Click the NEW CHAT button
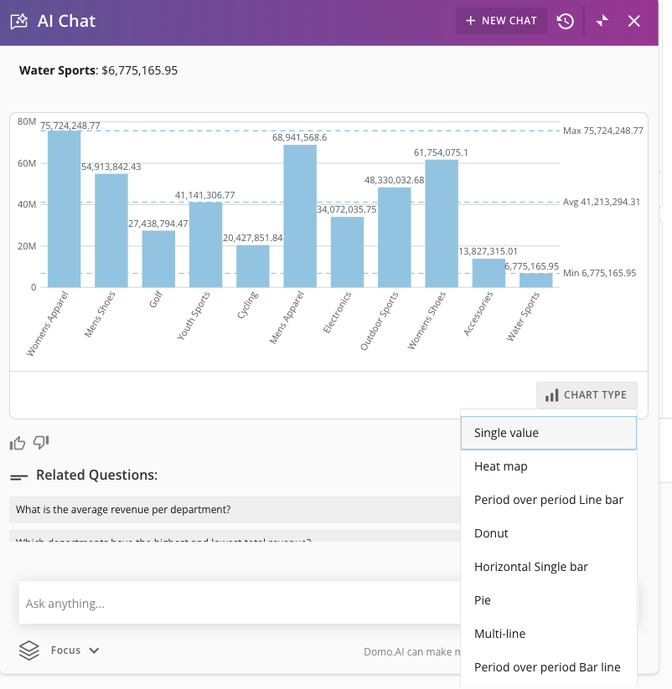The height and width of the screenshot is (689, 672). point(501,21)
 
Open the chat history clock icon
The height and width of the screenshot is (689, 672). point(566,21)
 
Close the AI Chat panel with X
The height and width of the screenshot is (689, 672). point(634,21)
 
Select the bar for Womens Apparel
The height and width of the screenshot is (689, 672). point(65,209)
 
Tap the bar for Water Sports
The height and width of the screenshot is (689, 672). point(536,280)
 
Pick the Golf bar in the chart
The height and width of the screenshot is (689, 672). point(158,259)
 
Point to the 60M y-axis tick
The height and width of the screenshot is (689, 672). point(28,163)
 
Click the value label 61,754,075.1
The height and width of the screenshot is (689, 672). point(452,152)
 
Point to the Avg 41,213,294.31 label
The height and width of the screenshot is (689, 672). point(602,202)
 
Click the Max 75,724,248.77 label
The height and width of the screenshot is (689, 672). point(602,131)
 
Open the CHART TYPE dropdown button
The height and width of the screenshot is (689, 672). point(587,395)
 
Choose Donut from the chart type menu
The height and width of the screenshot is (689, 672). point(491,533)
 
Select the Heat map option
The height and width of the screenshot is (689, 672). point(500,466)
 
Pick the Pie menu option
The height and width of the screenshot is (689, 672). point(483,600)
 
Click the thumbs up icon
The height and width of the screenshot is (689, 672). point(18,443)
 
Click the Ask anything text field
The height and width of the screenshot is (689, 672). point(235,603)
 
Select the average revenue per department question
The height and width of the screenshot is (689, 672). point(123,509)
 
